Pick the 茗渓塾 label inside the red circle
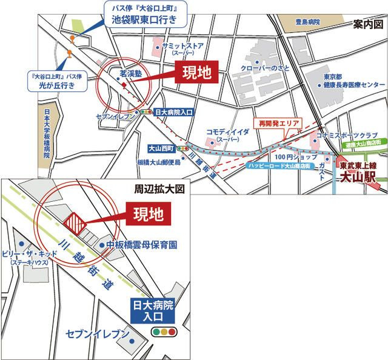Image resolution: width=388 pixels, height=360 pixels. click(x=131, y=72)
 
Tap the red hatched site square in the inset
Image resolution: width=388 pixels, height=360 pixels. click(x=74, y=222)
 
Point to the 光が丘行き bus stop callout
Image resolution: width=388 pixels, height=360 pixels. click(x=59, y=87)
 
